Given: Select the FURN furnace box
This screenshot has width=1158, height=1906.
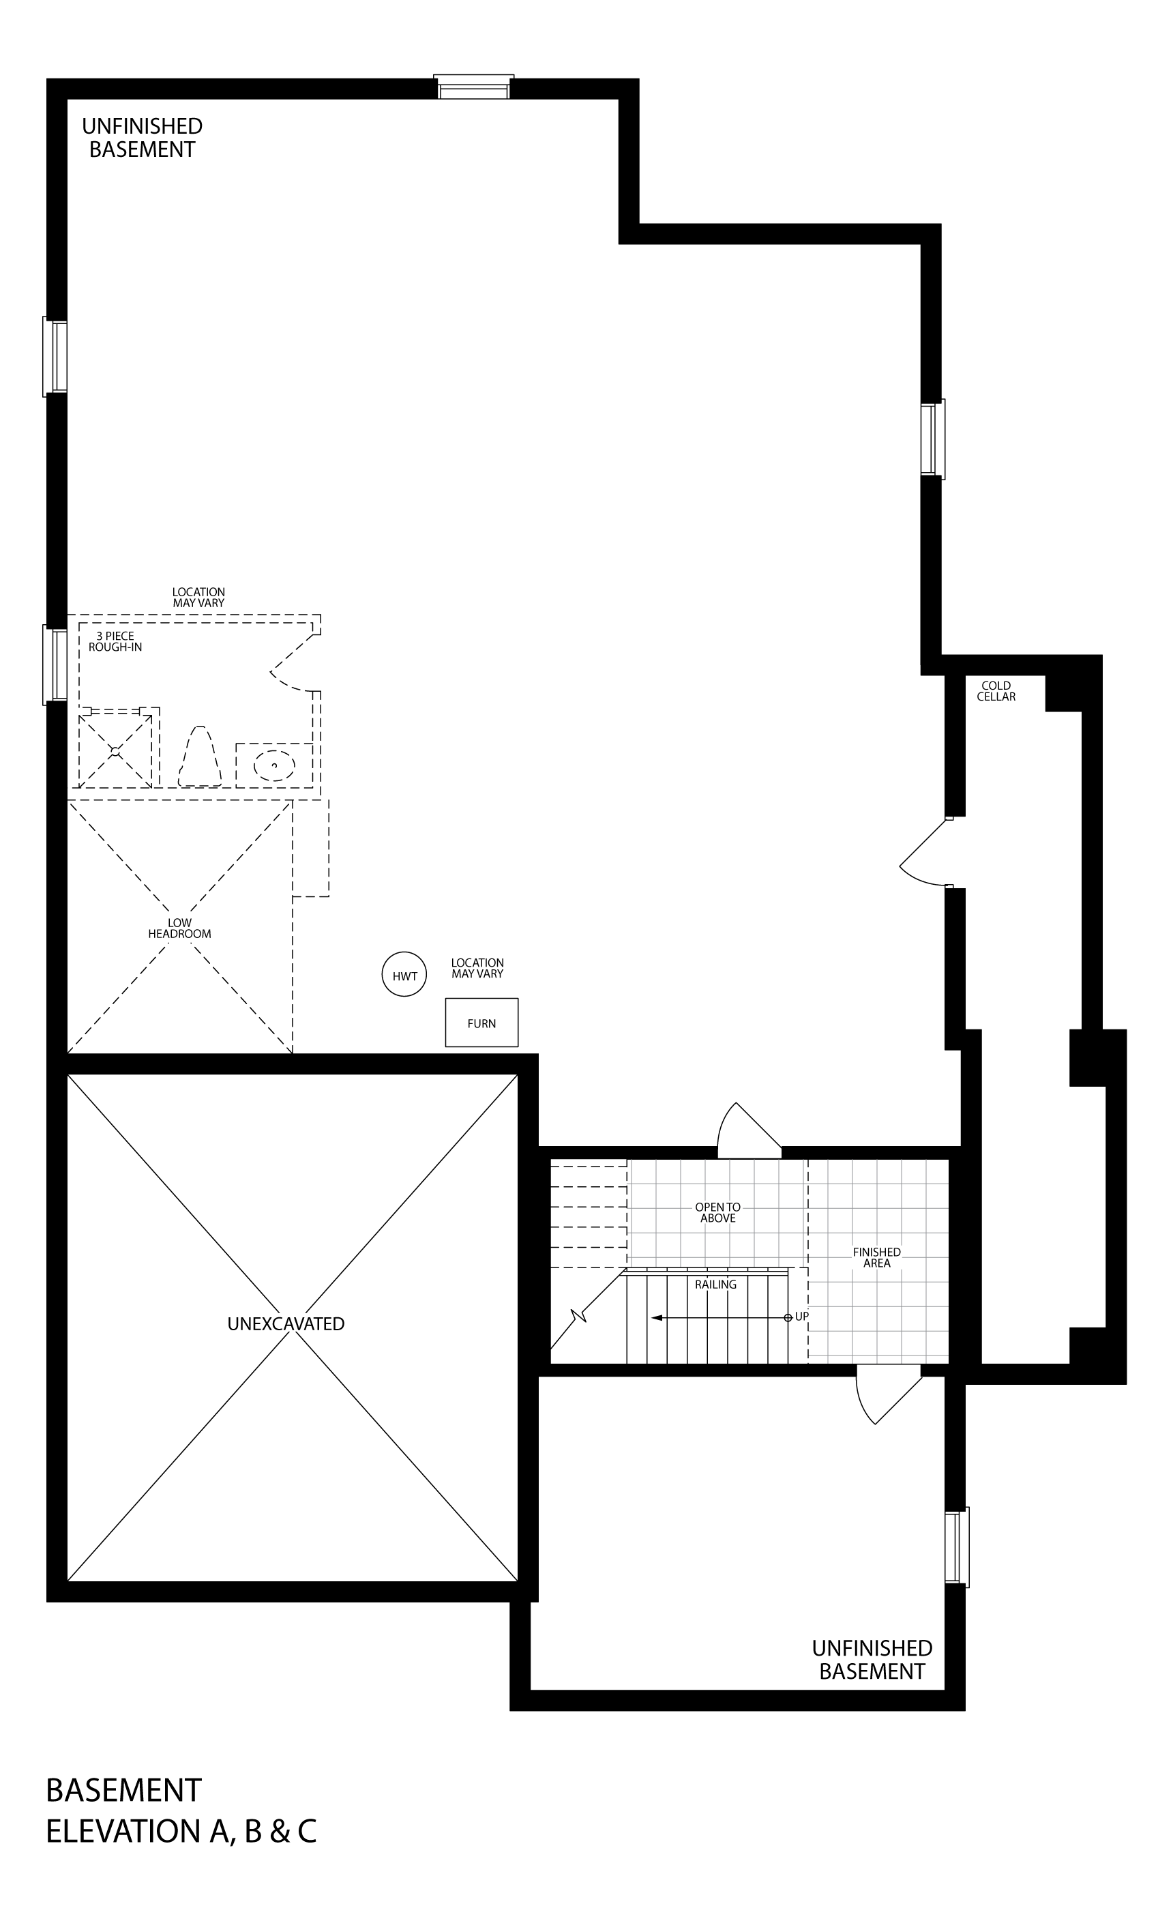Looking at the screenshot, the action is [x=481, y=1023].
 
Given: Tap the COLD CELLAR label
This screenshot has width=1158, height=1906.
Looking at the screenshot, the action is [x=996, y=691].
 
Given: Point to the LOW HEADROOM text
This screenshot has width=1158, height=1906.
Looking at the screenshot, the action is [x=179, y=928].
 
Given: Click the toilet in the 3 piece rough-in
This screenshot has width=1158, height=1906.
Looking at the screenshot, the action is [x=200, y=757].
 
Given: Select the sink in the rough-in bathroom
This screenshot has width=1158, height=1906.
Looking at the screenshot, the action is [x=274, y=765].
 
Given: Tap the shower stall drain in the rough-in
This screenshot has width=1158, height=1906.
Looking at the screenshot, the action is [x=115, y=751].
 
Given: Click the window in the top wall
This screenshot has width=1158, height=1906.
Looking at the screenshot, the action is [x=473, y=87].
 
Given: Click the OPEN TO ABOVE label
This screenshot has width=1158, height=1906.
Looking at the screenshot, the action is [x=718, y=1212].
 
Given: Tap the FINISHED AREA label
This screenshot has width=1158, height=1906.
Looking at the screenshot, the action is [x=876, y=1257].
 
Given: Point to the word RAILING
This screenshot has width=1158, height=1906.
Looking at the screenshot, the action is [x=715, y=1284].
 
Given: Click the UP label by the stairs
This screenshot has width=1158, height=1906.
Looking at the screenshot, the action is [x=801, y=1316].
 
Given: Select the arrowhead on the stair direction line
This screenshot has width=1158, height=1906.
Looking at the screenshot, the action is [x=656, y=1317].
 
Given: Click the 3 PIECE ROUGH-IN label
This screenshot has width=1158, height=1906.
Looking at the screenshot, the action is [x=115, y=641].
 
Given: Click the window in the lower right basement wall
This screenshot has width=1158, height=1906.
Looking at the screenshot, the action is [x=957, y=1546].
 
